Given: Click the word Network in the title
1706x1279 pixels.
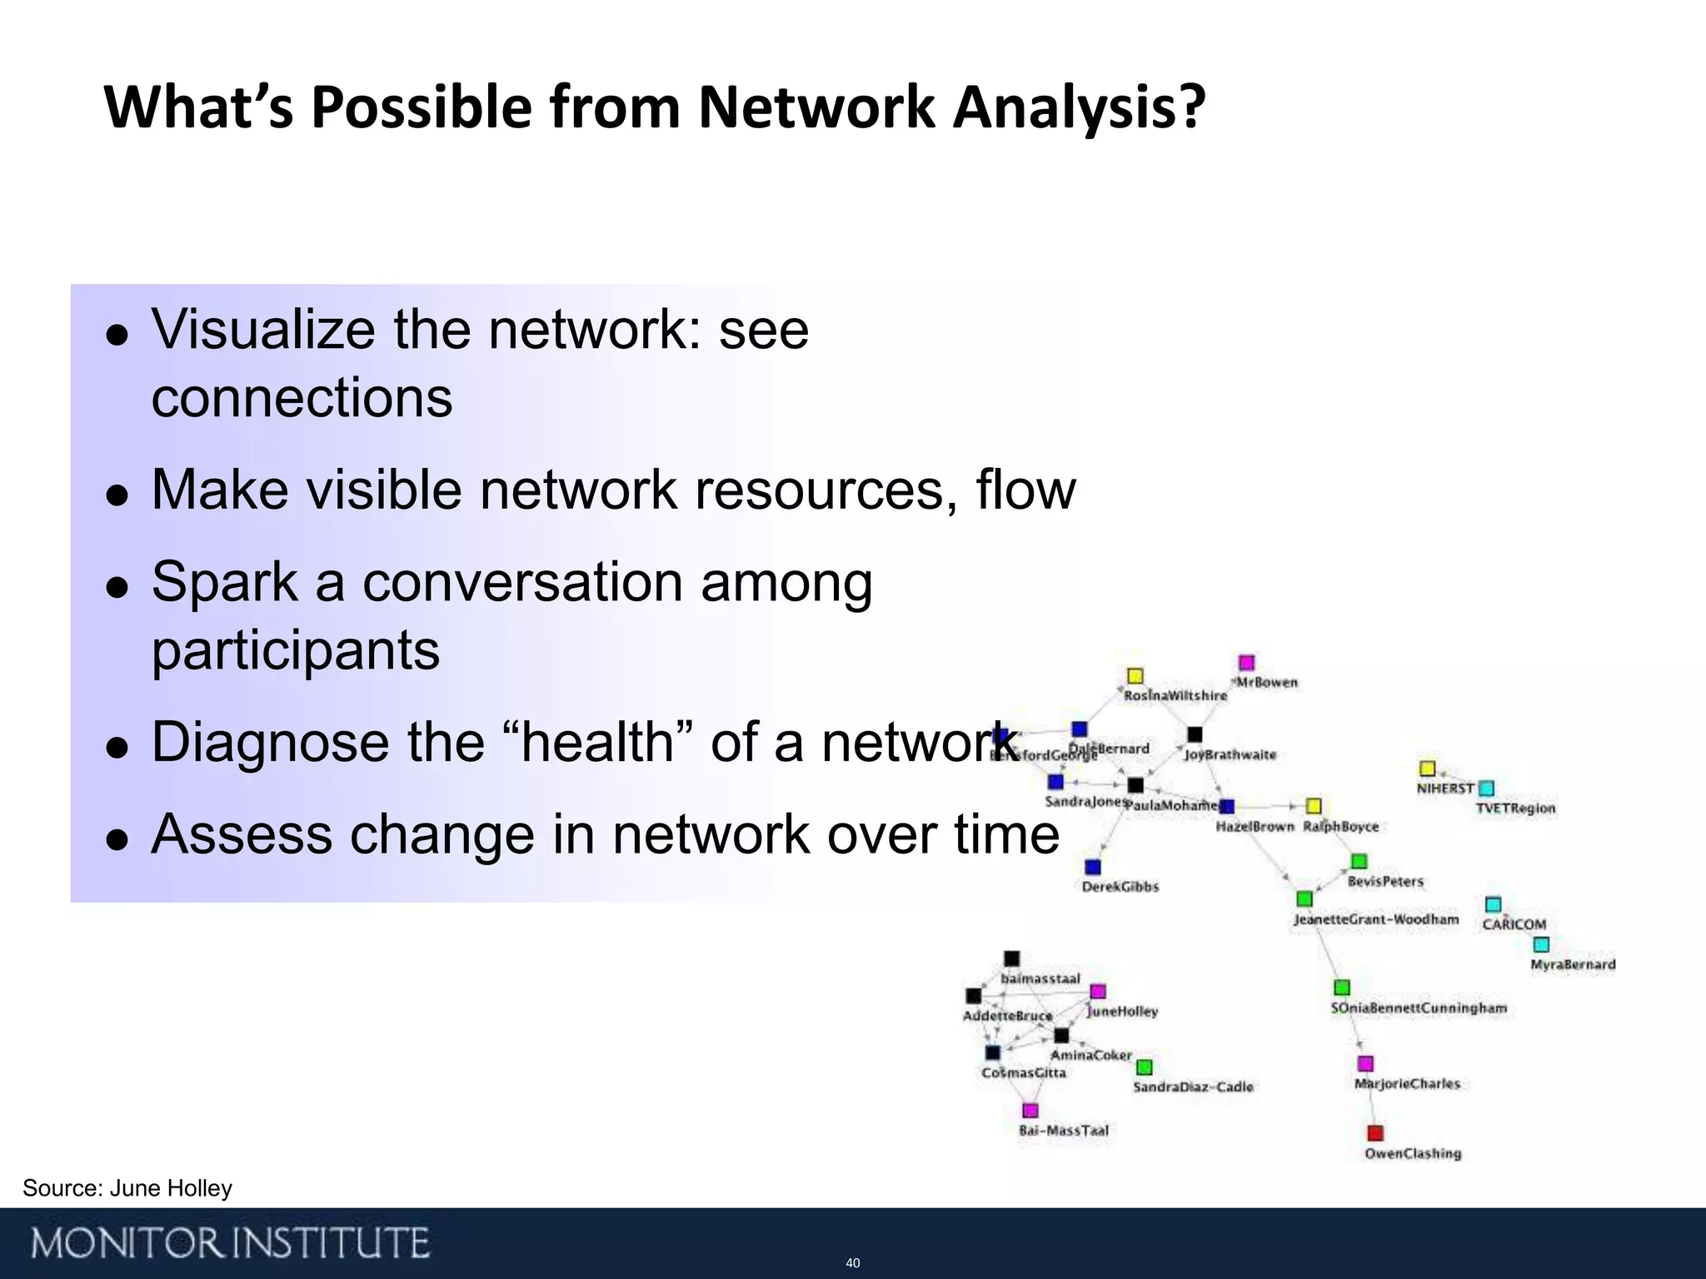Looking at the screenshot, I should coord(816,108).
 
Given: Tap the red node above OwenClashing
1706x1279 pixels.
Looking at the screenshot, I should coord(1375,1133).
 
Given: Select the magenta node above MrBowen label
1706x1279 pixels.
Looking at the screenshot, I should coord(1246,663).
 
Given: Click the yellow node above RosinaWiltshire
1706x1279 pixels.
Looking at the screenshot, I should coord(1135,675).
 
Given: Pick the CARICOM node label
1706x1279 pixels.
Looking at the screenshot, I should coord(1514,924).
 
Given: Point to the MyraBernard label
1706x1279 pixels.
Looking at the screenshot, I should coord(1573,964).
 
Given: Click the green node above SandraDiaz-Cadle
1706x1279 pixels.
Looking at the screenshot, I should coord(1145,1067).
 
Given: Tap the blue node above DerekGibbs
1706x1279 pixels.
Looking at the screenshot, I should coord(1093,868).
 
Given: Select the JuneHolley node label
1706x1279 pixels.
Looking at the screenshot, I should coord(1123,1012).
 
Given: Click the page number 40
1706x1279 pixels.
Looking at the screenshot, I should coord(852,1263).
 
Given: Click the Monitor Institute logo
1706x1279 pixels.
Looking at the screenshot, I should coord(231,1243).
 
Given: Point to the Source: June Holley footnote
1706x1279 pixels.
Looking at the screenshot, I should coord(127,1188).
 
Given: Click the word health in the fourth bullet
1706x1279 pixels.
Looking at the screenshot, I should coord(598,743).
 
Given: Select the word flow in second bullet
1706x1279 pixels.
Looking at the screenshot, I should coord(1025,490).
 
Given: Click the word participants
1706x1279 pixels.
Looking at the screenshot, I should coord(295,651).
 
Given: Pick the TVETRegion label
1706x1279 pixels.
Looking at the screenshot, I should coord(1515,808).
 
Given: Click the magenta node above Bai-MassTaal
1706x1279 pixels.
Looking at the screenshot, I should coord(1030,1111).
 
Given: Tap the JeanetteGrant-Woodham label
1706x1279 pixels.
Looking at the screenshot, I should coord(1376,919).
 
